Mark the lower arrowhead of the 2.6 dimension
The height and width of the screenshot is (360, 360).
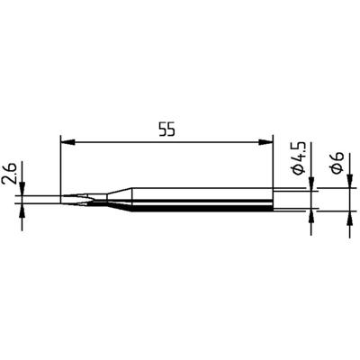[22, 208]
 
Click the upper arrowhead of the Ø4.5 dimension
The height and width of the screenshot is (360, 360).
[312, 185]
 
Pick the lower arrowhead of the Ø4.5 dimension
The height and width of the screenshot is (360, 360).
[312, 217]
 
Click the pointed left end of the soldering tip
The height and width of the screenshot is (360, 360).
[62, 199]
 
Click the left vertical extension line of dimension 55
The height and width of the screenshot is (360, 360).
[60, 166]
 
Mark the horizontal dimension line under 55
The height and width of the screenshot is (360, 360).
[166, 140]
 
